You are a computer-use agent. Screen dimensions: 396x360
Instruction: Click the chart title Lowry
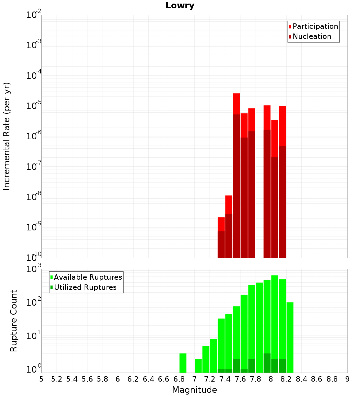click(180, 6)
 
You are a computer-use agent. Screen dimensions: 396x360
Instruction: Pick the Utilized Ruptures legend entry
click(85, 287)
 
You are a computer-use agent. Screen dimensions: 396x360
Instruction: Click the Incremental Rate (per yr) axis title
click(7, 136)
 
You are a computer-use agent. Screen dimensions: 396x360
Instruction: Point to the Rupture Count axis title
click(14, 321)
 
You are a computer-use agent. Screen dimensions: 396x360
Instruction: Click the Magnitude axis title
click(194, 390)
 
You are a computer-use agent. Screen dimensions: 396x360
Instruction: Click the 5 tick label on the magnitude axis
click(41, 379)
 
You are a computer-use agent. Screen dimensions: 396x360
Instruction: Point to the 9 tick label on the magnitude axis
click(347, 379)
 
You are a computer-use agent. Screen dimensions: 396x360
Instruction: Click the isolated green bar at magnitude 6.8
click(183, 363)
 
